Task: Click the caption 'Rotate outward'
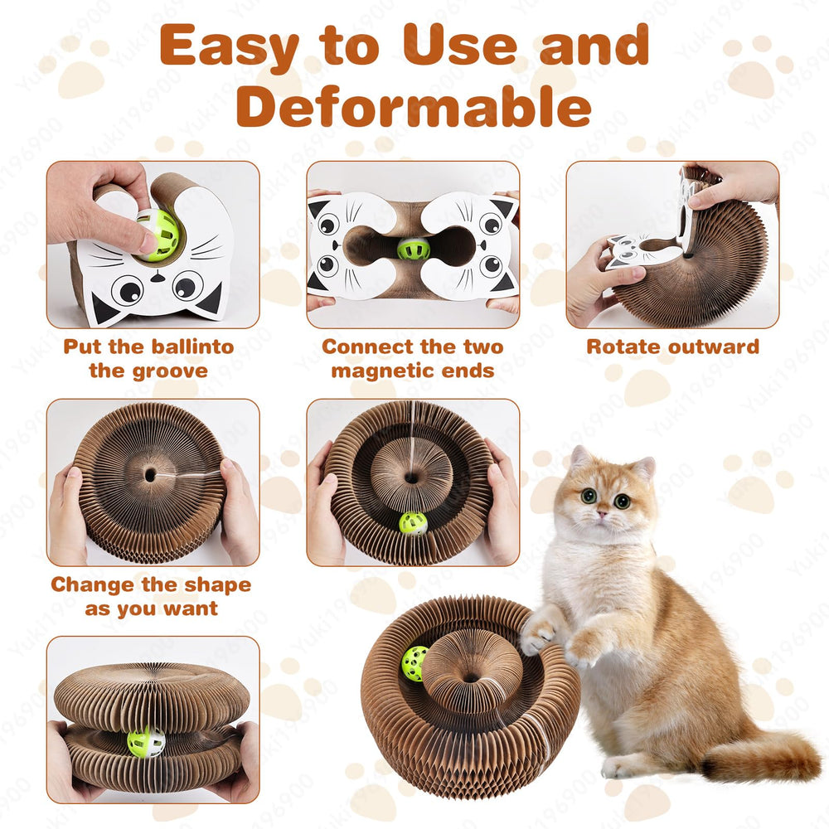[x=672, y=347]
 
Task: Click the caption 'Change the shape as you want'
[x=151, y=596]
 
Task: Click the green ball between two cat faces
[x=413, y=248]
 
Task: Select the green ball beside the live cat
[x=414, y=663]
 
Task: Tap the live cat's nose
[x=604, y=514]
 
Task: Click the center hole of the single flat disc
[x=150, y=476]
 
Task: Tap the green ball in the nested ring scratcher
[x=412, y=523]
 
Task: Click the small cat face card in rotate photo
[x=633, y=249]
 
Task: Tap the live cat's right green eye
[x=622, y=501]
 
